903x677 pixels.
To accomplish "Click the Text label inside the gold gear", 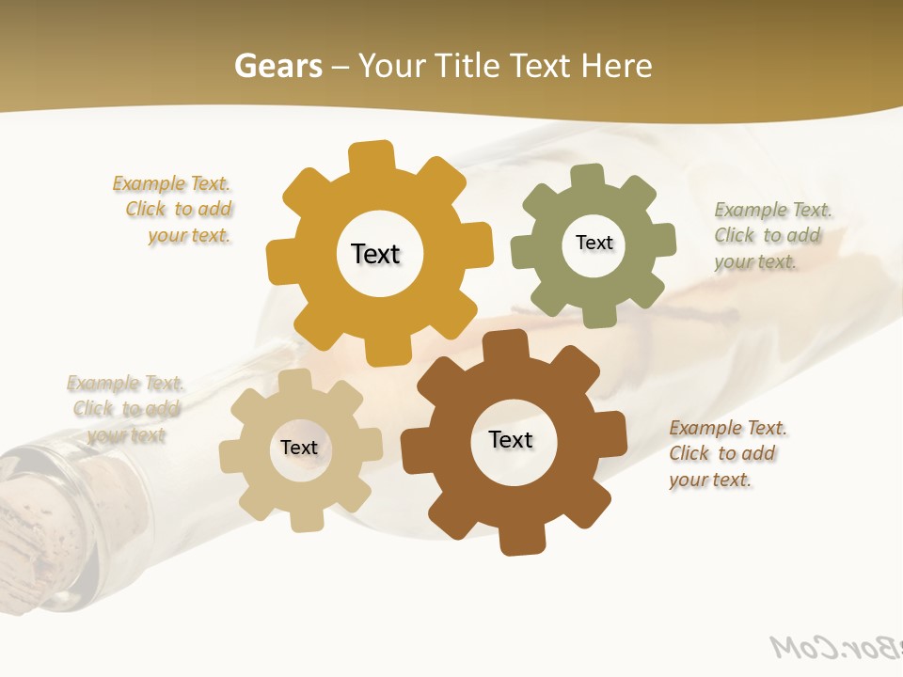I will tap(375, 254).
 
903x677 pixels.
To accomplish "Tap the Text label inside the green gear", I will tap(594, 243).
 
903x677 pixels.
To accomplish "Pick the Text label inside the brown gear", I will tap(511, 439).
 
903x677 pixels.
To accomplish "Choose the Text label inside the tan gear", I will tap(299, 448).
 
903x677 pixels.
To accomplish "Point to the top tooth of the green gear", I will tap(587, 177).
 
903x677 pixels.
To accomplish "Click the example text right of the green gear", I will tap(771, 235).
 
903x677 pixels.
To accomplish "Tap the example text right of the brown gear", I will tap(726, 453).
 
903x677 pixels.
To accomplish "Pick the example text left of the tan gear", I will tap(126, 409).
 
